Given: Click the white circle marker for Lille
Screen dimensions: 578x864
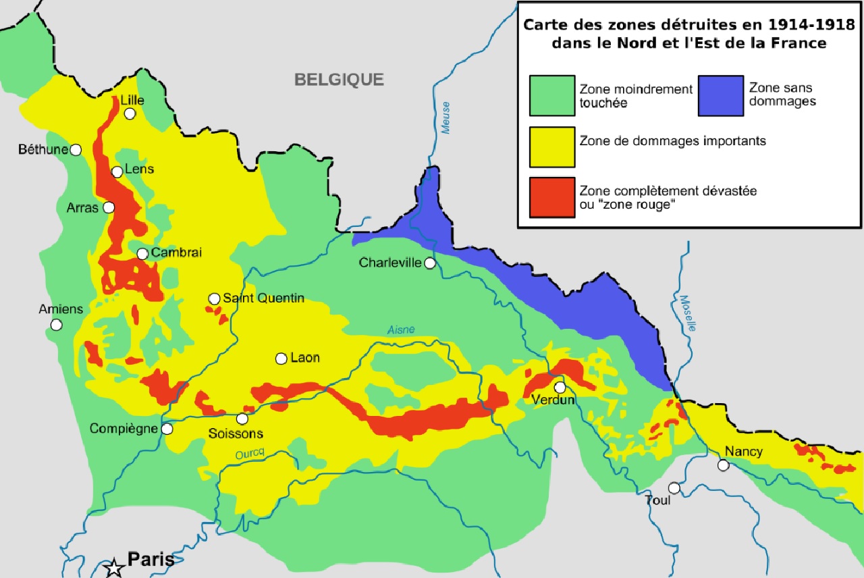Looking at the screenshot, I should point(130,113).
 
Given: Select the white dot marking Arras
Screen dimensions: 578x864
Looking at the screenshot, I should point(109,207).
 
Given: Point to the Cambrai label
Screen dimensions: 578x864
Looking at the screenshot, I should point(177,253).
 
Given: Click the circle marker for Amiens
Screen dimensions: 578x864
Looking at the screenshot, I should point(57,325).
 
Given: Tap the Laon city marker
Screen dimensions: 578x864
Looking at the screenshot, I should point(281,359).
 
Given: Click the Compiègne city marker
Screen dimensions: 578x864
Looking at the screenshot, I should point(167,429).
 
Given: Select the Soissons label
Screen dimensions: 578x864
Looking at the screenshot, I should point(236,433).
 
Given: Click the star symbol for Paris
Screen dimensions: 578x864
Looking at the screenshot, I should point(114,567).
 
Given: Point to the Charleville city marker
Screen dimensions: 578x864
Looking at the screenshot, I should point(430,263).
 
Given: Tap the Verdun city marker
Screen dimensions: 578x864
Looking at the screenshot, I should point(560,387).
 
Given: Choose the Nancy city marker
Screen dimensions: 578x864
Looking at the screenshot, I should point(723,465).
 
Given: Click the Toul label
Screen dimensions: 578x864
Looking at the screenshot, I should point(658,500).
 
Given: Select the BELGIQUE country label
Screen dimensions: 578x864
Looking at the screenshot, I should point(339,80).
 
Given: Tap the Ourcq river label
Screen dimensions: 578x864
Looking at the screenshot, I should point(248,455).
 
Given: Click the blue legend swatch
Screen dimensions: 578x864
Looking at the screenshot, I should point(720,95).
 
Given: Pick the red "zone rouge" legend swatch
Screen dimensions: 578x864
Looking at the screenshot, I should point(552,197).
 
